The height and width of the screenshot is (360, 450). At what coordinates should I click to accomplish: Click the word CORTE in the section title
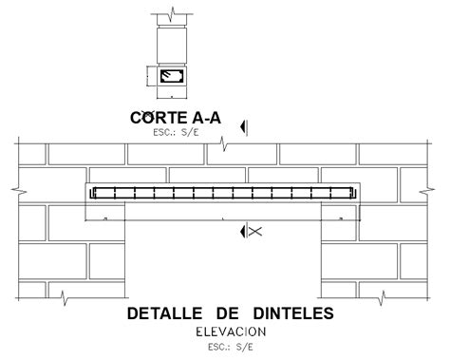154,117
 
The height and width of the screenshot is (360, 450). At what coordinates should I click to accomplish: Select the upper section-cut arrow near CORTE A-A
244,125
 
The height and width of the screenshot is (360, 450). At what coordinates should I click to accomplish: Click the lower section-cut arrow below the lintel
244,231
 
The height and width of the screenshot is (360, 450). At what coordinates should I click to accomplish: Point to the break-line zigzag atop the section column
171,15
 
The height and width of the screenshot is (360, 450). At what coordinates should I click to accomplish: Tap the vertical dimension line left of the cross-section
148,77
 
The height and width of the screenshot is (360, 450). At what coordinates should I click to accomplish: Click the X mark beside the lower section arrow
255,231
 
